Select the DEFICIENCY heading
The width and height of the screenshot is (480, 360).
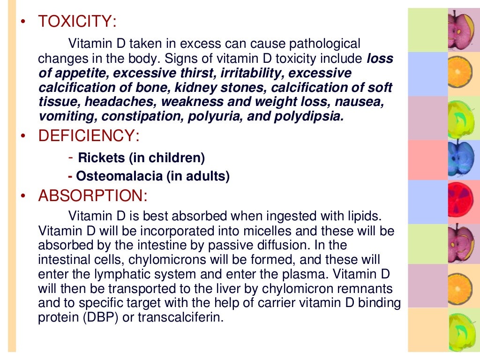tap(89, 136)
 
